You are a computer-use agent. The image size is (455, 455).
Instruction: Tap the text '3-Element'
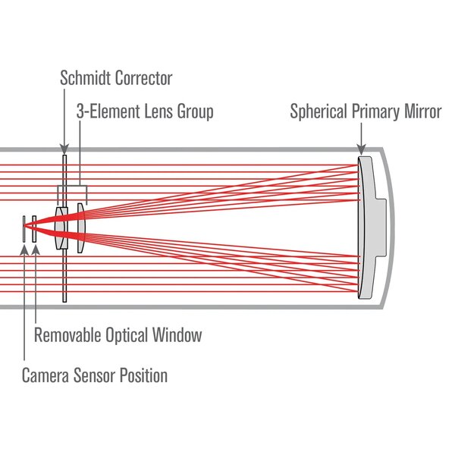click(x=107, y=111)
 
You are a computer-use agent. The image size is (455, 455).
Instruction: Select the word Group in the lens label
click(x=194, y=111)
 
